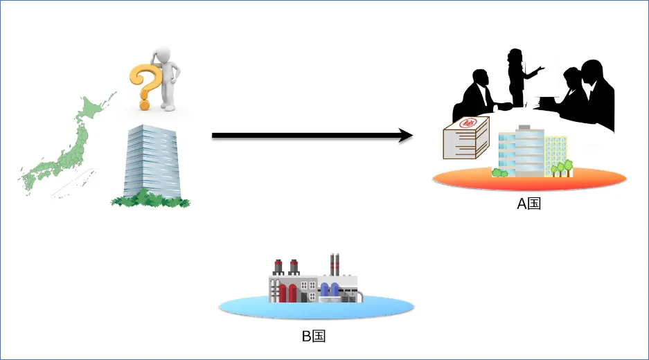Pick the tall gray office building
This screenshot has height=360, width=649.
152,159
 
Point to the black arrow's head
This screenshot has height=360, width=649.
405,136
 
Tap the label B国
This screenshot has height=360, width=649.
313,336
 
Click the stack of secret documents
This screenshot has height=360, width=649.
465,138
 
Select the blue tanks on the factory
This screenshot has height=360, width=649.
329,291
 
